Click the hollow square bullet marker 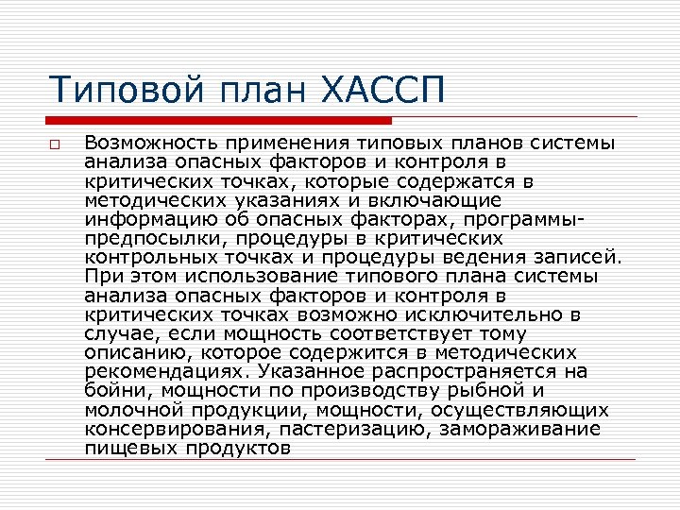click(x=56, y=144)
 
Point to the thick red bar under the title click(x=218, y=120)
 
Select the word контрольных click(x=150, y=256)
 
